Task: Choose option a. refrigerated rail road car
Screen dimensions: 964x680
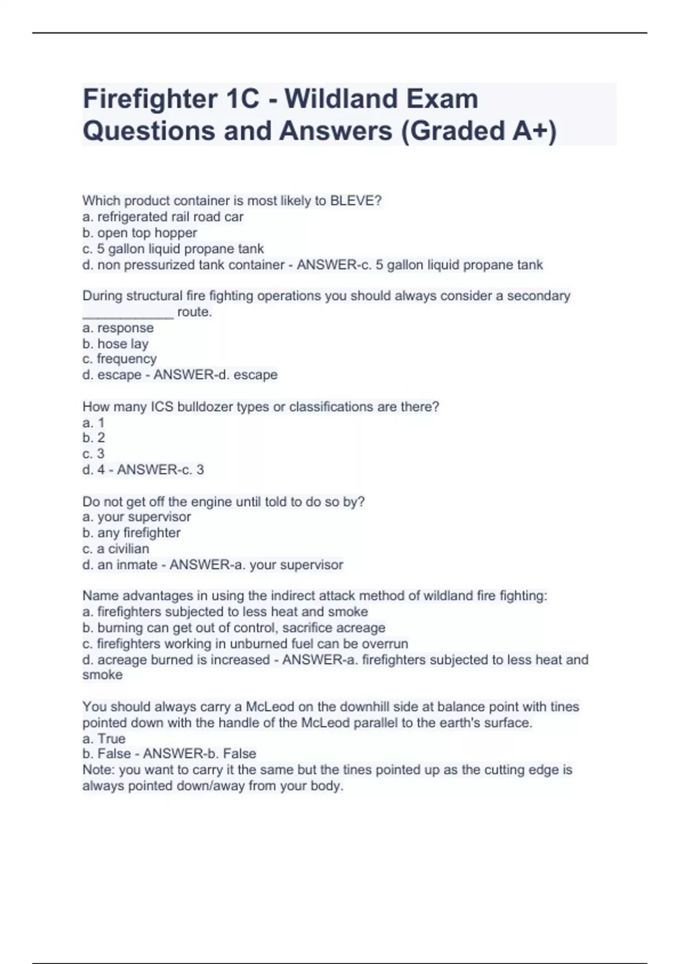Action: coord(163,217)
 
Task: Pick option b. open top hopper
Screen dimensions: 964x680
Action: coord(139,232)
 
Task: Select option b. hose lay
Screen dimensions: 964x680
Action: coord(115,344)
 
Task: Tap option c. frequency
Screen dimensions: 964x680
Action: coord(119,359)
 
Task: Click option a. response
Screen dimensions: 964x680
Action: coord(118,328)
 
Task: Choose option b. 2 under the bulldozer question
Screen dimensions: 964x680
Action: coord(93,438)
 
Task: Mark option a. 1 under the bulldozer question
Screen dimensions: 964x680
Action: coord(93,422)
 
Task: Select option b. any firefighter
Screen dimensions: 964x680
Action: coord(131,533)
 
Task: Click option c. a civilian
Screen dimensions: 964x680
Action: coord(116,549)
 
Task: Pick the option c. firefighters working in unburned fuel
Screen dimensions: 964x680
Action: coord(245,644)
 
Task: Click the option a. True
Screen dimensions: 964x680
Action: coord(104,738)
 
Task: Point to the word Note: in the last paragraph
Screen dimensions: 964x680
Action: coord(99,770)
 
